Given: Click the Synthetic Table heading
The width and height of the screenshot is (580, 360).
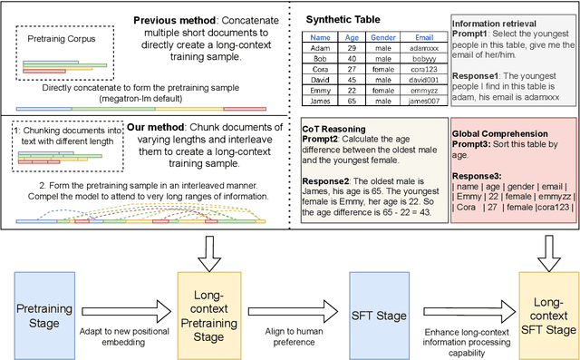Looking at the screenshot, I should click(342, 19).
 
